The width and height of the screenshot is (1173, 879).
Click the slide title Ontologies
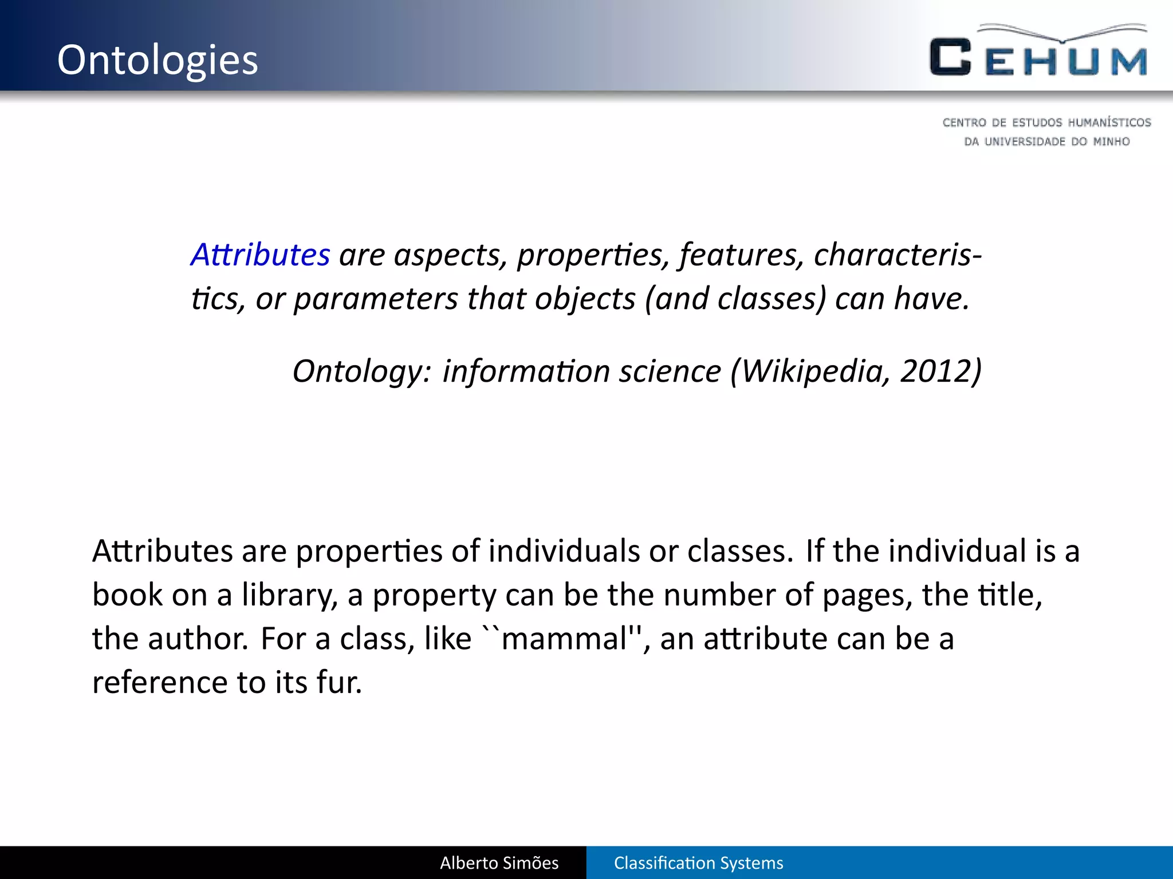(158, 60)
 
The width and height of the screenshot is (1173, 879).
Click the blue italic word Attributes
(261, 255)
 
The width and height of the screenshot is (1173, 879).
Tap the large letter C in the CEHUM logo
(950, 57)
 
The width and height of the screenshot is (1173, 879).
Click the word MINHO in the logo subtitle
(1111, 141)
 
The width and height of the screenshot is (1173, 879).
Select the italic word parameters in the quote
(376, 299)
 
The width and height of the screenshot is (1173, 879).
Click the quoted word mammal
(564, 639)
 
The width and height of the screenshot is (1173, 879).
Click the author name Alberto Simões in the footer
(499, 863)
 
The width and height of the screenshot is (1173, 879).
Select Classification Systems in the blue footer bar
(698, 863)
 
